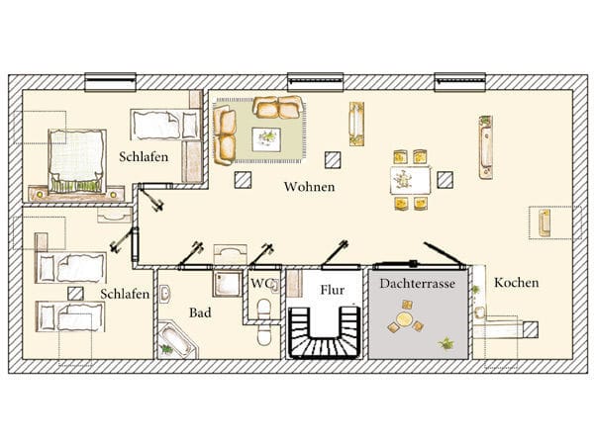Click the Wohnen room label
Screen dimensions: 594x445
(x=309, y=187)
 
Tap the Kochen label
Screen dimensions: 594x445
(x=516, y=283)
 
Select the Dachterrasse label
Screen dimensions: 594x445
(x=418, y=284)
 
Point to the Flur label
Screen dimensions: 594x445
(x=333, y=290)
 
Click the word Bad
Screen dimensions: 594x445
(x=200, y=312)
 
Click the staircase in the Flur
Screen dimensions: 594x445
(x=325, y=332)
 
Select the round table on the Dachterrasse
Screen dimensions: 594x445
(x=405, y=319)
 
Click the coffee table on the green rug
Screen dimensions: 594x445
(x=266, y=139)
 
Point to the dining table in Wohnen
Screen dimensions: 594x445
(x=410, y=181)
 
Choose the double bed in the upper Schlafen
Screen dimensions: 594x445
(x=77, y=161)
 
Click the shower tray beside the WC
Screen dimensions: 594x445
(x=228, y=284)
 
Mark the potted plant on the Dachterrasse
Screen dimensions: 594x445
(x=446, y=343)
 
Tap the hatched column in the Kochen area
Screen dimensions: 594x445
(x=531, y=329)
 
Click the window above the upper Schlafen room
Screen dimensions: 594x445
(x=110, y=82)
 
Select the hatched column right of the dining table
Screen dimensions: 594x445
(x=445, y=180)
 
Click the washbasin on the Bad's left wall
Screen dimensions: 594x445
(x=164, y=294)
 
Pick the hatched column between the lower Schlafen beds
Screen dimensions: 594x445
(x=76, y=294)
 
